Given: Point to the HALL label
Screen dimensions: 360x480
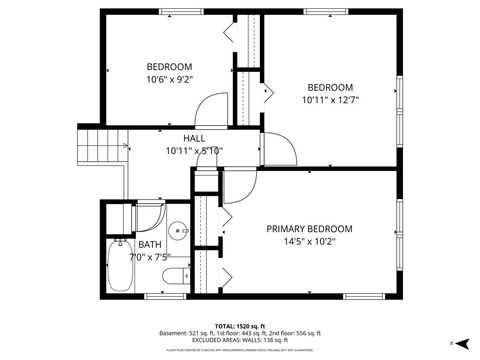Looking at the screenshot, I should [x=194, y=139].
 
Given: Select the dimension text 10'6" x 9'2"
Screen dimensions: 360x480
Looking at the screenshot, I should [x=169, y=79].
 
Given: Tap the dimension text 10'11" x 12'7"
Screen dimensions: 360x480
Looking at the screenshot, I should [x=329, y=99].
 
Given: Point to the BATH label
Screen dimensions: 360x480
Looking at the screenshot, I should [x=149, y=245].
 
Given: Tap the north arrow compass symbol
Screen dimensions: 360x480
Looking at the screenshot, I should [x=451, y=342].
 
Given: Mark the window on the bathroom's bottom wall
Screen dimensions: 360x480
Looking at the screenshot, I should [x=160, y=296].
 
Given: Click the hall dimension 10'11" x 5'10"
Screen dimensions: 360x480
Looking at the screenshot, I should [x=194, y=151].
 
